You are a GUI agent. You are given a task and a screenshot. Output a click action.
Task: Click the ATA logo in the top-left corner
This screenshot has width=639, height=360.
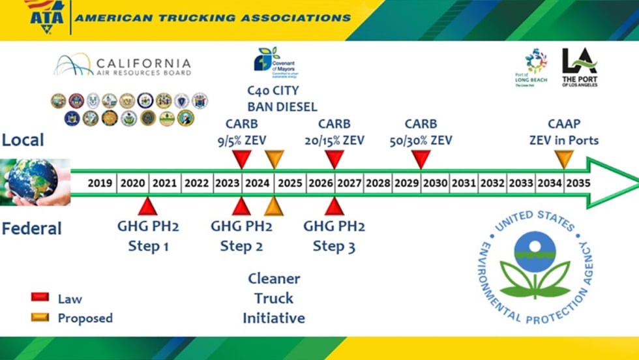[46, 14]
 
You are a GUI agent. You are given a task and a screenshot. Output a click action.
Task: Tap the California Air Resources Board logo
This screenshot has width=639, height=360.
[123, 65]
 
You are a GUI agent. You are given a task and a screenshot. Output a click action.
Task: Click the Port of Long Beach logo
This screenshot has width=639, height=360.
[535, 66]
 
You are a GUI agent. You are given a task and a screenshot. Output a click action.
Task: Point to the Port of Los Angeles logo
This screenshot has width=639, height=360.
[579, 66]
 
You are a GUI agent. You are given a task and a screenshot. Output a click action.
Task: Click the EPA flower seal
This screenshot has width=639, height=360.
[535, 267]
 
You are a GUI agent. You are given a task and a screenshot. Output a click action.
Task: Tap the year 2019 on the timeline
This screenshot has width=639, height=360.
[100, 183]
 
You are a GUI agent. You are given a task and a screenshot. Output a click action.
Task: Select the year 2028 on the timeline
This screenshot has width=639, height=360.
[378, 183]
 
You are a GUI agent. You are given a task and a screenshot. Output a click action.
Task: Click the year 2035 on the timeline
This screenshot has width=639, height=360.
[578, 183]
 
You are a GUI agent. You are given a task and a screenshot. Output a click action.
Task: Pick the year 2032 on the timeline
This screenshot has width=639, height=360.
[492, 183]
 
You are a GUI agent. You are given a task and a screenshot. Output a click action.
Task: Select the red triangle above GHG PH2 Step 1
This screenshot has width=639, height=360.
[148, 207]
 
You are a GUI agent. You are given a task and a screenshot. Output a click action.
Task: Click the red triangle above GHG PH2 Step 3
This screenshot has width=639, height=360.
[334, 207]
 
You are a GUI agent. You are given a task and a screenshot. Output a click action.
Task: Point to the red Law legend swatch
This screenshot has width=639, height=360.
[40, 297]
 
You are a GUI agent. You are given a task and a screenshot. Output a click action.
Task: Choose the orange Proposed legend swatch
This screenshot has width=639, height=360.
[40, 317]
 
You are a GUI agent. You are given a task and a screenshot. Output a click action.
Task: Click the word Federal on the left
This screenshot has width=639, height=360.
[31, 229]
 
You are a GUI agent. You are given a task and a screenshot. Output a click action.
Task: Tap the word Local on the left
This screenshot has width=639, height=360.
[23, 140]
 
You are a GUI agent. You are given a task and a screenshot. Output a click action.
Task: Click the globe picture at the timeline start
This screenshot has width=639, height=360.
[33, 181]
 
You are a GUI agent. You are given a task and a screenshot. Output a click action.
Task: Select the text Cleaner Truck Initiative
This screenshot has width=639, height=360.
[274, 299]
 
